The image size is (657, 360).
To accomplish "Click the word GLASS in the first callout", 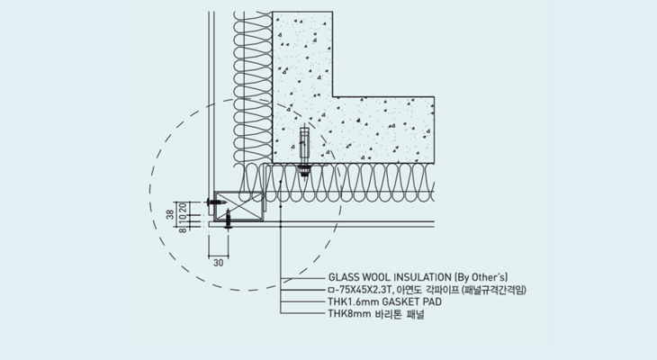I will pos(344,276).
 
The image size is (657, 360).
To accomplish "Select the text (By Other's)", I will pos(481,276).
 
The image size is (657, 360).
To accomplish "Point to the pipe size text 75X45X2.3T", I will pos(362,289).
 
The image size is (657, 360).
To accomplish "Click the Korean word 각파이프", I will pos(440,289).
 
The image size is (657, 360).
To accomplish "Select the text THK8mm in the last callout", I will pos(347,314).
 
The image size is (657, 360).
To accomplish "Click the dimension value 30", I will pos(218,263).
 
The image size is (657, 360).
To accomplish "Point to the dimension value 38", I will pos(169,215).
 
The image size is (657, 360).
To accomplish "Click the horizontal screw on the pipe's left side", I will pos(215,202).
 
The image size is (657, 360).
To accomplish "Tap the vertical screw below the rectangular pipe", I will pos(229,219).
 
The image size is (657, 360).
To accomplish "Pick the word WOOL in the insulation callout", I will pos(376,276).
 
